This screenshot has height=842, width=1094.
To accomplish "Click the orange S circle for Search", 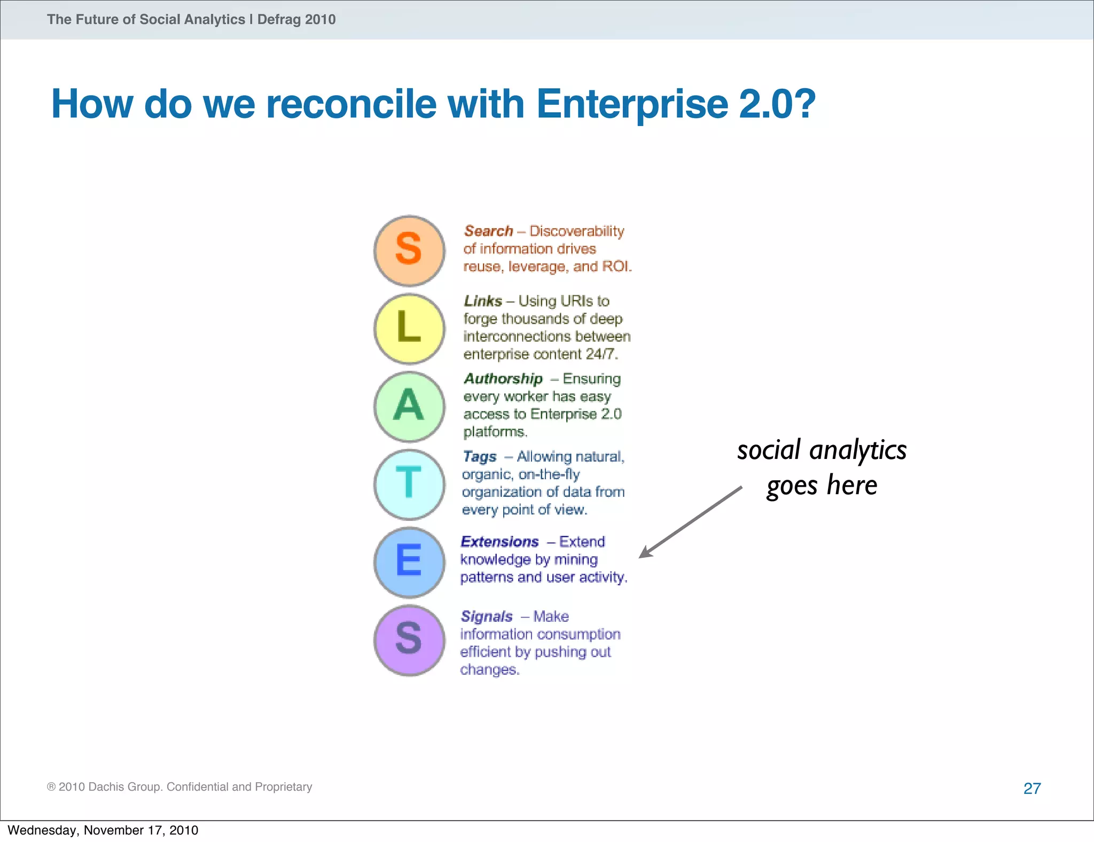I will point(409,251).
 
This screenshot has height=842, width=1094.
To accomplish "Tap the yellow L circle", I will point(409,329).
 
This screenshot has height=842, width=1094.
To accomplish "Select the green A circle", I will point(409,407).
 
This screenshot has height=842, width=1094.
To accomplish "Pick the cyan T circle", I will point(409,485).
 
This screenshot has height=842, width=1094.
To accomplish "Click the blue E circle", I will point(409,562).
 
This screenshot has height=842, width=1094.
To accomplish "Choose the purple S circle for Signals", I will point(409,640).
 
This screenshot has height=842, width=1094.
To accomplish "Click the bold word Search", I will point(488,231).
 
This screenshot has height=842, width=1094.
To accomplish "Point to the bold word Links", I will point(483,301).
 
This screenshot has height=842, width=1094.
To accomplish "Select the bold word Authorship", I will point(503,379).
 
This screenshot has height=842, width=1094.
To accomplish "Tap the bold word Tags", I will point(479,457).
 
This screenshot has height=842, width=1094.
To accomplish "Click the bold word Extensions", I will point(499,542).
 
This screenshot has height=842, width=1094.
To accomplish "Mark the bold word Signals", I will point(486,617).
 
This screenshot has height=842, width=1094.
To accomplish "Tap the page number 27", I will point(1032,788).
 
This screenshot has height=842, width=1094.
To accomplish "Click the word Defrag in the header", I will point(279,20).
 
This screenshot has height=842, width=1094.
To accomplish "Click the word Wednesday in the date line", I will point(43,830).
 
